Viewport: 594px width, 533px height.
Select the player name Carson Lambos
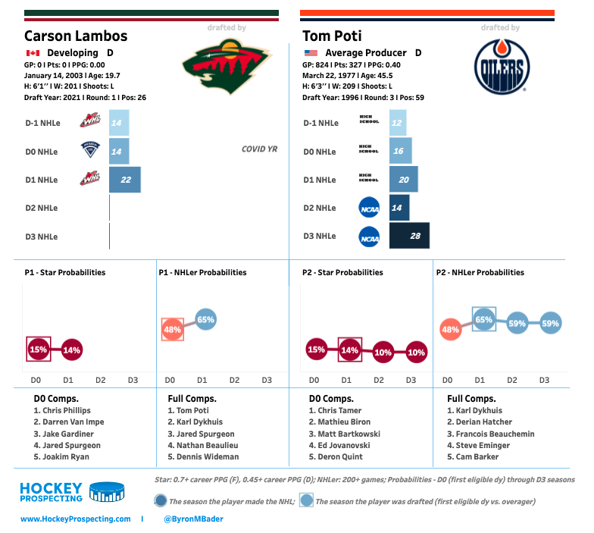click(76, 36)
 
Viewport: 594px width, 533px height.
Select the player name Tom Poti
click(332, 36)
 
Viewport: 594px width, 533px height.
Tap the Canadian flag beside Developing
click(33, 53)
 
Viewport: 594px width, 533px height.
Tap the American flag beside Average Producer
click(311, 53)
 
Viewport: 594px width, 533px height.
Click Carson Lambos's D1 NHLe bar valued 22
click(125, 180)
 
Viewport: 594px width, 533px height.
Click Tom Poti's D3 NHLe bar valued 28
click(409, 236)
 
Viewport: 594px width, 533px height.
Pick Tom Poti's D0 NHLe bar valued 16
click(401, 152)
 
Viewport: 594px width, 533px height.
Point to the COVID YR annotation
click(259, 149)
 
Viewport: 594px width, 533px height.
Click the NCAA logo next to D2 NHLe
click(369, 208)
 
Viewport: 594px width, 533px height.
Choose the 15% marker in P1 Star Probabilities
click(39, 350)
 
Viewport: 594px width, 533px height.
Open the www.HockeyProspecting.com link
click(76, 519)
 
